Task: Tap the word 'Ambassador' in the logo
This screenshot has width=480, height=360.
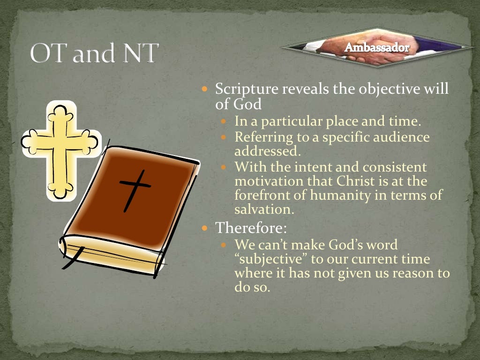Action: click(x=377, y=48)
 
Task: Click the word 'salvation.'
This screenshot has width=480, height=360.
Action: click(x=264, y=209)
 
